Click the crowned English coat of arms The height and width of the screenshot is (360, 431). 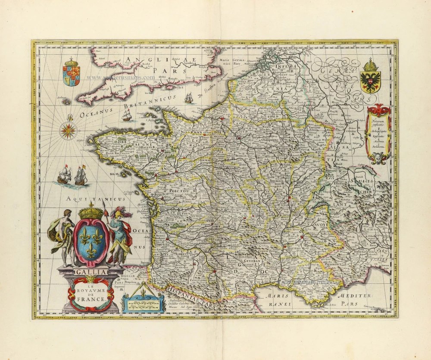tap(71, 72)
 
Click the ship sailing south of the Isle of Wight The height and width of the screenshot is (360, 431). tap(189, 98)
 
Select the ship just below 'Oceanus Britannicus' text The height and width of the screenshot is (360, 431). tap(126, 115)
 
